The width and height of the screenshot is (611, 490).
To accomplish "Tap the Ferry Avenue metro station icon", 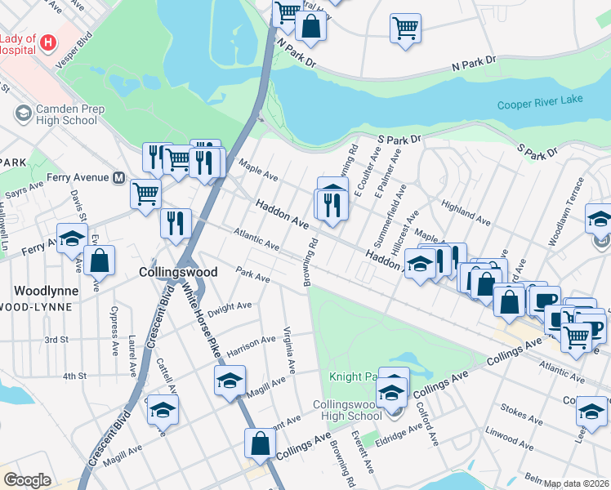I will (x=118, y=177).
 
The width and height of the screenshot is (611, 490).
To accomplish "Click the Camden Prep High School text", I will (x=56, y=114).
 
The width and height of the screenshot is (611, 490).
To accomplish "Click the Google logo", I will (x=27, y=479).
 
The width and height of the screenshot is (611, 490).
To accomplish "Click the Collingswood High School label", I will (x=348, y=409).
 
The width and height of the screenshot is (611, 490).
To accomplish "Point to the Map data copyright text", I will (x=577, y=483).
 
